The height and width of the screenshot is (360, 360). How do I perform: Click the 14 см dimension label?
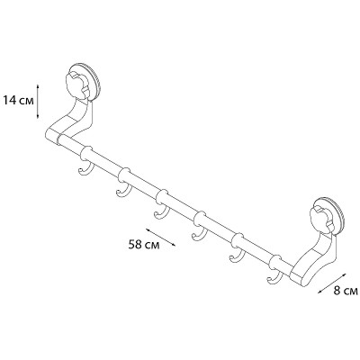(x=18, y=100)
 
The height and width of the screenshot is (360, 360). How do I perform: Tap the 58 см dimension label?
(x=144, y=245)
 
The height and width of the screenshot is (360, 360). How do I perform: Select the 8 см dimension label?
(x=346, y=291)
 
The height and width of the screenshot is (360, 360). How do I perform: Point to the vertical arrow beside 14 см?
(x=38, y=102)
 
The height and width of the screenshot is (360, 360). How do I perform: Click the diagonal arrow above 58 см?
(x=160, y=238)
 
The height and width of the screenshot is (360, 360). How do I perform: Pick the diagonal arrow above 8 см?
(x=331, y=283)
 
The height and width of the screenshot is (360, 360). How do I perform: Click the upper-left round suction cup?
(x=84, y=81)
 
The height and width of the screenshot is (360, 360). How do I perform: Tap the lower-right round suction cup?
(x=328, y=215)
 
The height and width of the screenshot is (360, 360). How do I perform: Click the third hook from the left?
(x=161, y=212)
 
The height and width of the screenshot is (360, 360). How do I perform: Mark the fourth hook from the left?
(x=199, y=234)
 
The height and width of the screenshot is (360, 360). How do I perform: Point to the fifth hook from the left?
(x=237, y=256)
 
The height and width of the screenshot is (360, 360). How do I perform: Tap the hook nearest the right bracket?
(x=274, y=277)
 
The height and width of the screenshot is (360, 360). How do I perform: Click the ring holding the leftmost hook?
(x=86, y=155)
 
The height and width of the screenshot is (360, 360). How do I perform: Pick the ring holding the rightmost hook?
(x=275, y=263)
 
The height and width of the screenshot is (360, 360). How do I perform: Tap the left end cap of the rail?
(x=51, y=138)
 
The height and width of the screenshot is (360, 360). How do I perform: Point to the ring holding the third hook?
(x=162, y=197)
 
